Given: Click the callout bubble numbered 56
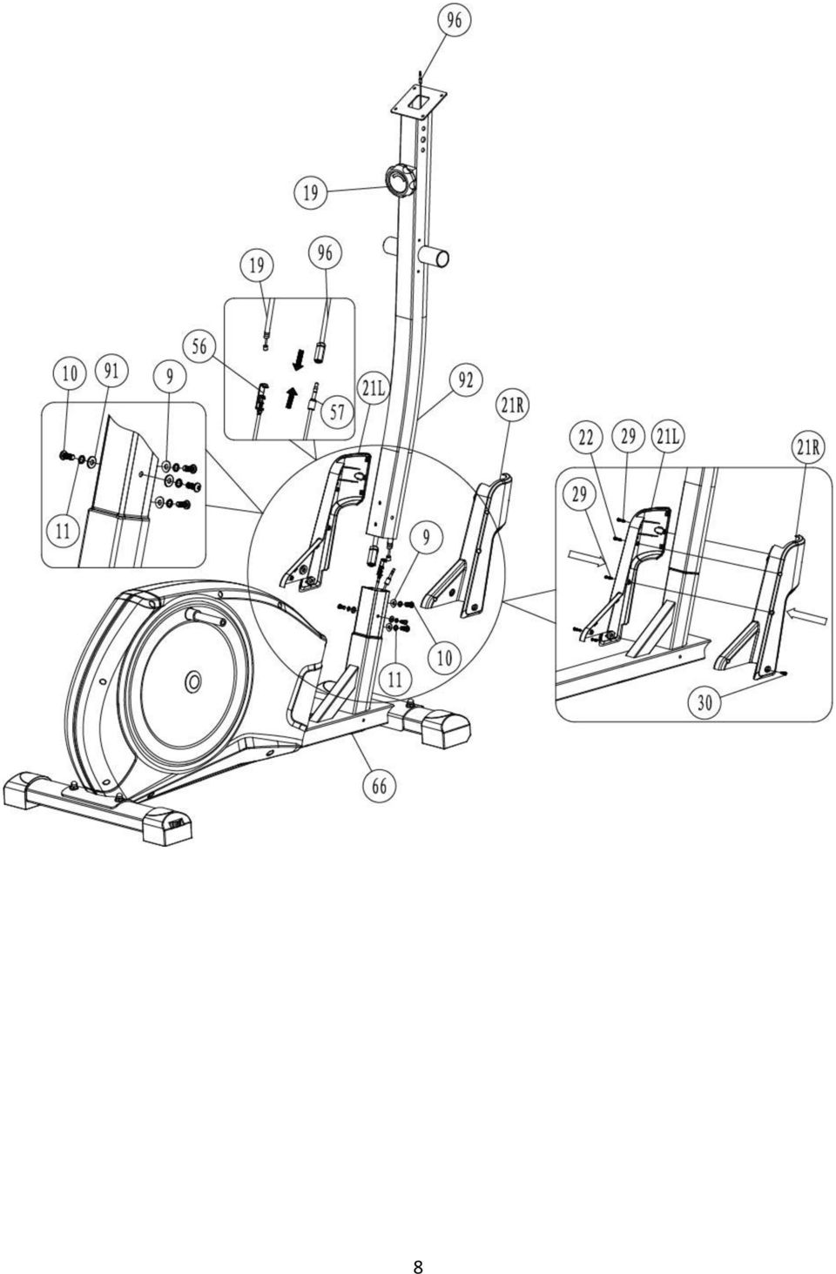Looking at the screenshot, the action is (x=199, y=347).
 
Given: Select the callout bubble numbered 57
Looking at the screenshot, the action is (x=338, y=412).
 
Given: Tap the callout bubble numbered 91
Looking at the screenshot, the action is (x=111, y=372).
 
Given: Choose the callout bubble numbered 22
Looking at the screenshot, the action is (x=587, y=438).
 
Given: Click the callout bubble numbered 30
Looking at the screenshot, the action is (x=705, y=703).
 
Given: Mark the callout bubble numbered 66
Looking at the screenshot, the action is (x=380, y=786).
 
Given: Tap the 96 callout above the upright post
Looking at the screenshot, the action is (x=454, y=21).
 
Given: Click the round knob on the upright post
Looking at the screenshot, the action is (x=400, y=180).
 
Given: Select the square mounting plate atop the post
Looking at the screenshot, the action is (x=418, y=103).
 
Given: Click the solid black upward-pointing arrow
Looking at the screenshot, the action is (x=292, y=397).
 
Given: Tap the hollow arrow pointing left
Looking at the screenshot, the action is (x=809, y=614).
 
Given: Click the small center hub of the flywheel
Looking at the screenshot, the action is (x=193, y=681).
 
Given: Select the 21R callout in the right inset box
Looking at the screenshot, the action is (x=807, y=447).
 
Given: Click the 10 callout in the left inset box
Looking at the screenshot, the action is (x=70, y=374).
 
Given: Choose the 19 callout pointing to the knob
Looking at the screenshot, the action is (x=311, y=193).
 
